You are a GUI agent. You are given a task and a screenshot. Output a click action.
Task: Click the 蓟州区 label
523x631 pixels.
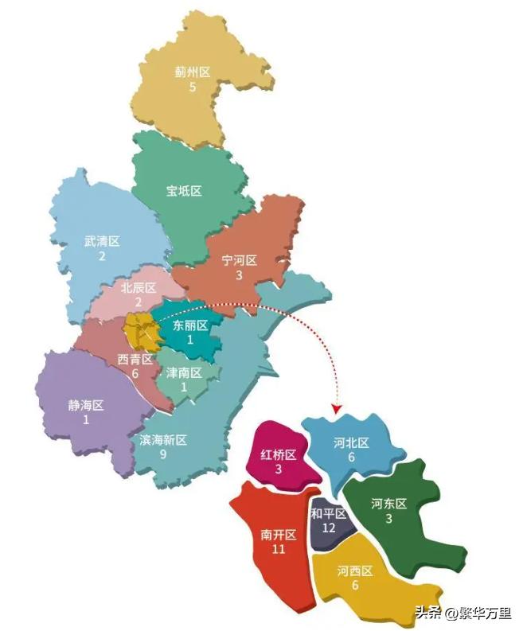[192, 72]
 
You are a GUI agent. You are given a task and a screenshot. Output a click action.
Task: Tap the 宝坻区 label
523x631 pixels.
[184, 191]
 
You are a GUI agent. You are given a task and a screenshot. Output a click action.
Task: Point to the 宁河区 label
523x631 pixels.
[239, 261]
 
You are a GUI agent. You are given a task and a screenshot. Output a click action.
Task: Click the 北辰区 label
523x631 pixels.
[138, 288]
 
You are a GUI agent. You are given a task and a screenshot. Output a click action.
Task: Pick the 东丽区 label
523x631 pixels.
[190, 325]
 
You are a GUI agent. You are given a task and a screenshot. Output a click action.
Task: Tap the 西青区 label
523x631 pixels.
[135, 360]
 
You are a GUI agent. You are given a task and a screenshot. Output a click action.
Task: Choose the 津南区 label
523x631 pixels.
[184, 372]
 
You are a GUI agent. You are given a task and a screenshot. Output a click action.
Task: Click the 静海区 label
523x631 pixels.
[86, 405]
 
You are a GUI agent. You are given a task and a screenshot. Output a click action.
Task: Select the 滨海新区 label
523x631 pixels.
[163, 440]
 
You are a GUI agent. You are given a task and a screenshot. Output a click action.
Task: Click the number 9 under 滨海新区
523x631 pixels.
[163, 454]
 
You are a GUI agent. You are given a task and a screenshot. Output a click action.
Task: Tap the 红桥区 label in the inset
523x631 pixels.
[279, 455]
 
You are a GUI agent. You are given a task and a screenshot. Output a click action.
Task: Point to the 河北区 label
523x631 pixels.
[351, 443]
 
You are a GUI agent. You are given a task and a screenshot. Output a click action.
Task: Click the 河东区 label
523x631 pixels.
[388, 504]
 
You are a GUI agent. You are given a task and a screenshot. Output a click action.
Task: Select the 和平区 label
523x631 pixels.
[328, 514]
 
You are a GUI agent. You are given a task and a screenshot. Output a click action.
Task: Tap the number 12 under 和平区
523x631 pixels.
[328, 528]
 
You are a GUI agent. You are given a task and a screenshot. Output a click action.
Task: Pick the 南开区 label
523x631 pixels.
[279, 535]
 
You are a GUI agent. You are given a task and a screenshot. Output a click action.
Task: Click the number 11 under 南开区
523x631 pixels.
[279, 549]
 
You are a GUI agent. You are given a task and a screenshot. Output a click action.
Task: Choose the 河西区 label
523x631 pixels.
[354, 571]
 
